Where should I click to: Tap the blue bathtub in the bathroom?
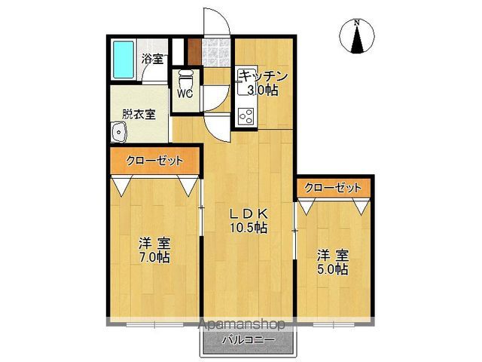click(x=123, y=59)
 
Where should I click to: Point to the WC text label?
click(x=185, y=94)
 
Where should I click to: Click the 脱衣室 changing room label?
click(x=139, y=115)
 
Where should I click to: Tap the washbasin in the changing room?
click(x=119, y=134)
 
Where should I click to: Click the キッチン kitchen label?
click(x=264, y=75)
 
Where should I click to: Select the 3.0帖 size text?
click(x=264, y=90)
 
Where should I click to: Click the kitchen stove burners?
click(x=246, y=116)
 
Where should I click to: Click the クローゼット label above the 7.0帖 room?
click(x=154, y=161)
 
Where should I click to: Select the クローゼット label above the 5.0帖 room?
click(x=332, y=187)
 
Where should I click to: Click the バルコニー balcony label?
click(x=248, y=341)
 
